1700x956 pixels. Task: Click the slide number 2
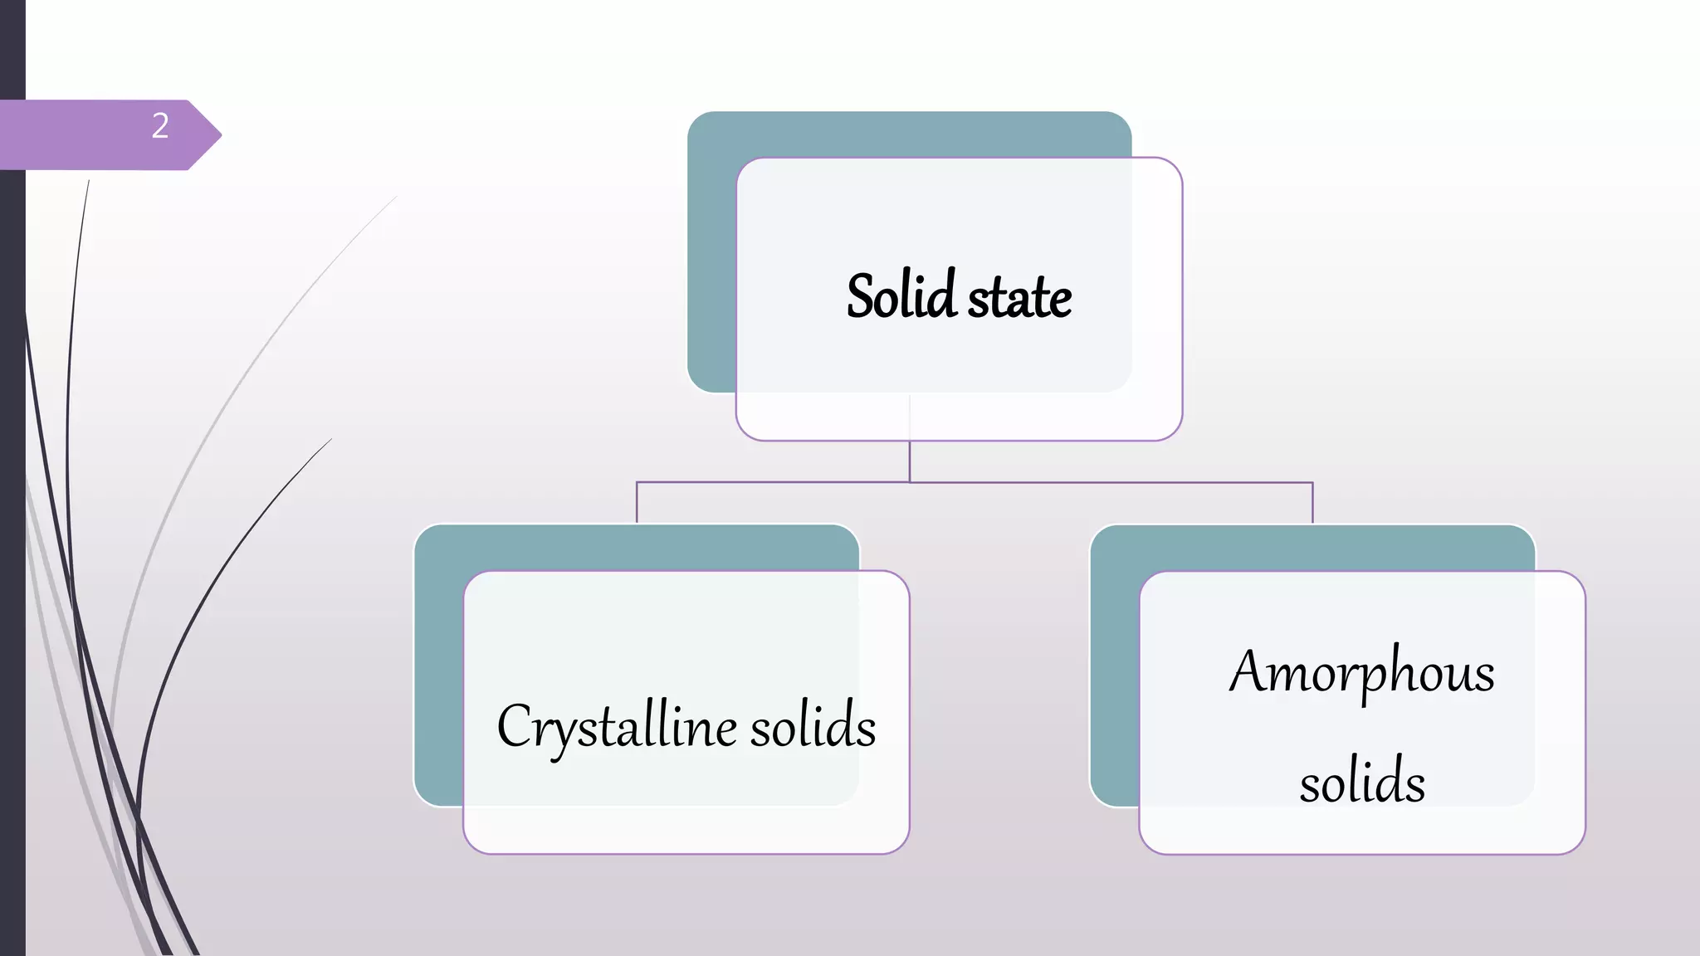point(160,126)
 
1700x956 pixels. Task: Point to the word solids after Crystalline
point(813,726)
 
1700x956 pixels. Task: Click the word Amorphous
point(1362,672)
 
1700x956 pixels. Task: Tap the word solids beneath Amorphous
point(1362,781)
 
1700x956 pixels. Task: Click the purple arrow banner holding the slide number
point(91,134)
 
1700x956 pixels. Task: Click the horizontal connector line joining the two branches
point(1079,482)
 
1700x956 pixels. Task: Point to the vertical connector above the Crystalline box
point(637,503)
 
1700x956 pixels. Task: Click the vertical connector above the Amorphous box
point(1312,503)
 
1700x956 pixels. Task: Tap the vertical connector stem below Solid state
point(910,461)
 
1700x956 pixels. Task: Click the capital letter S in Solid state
point(860,296)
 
